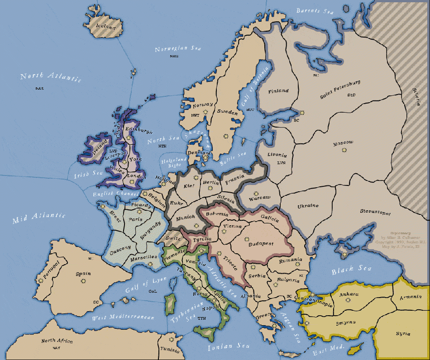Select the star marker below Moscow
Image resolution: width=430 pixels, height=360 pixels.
click(344, 149)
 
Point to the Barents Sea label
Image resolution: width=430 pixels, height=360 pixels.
click(315, 10)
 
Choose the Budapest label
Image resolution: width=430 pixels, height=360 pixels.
click(261, 244)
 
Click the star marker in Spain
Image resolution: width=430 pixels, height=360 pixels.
click(84, 281)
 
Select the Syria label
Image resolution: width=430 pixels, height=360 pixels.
click(402, 334)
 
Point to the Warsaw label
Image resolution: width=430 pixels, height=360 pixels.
click(260, 198)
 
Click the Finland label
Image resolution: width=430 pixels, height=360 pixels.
click(278, 91)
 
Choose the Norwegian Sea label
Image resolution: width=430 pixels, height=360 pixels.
click(178, 49)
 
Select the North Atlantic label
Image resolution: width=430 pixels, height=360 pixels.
click(51, 76)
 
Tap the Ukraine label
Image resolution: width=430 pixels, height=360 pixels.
click(308, 206)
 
